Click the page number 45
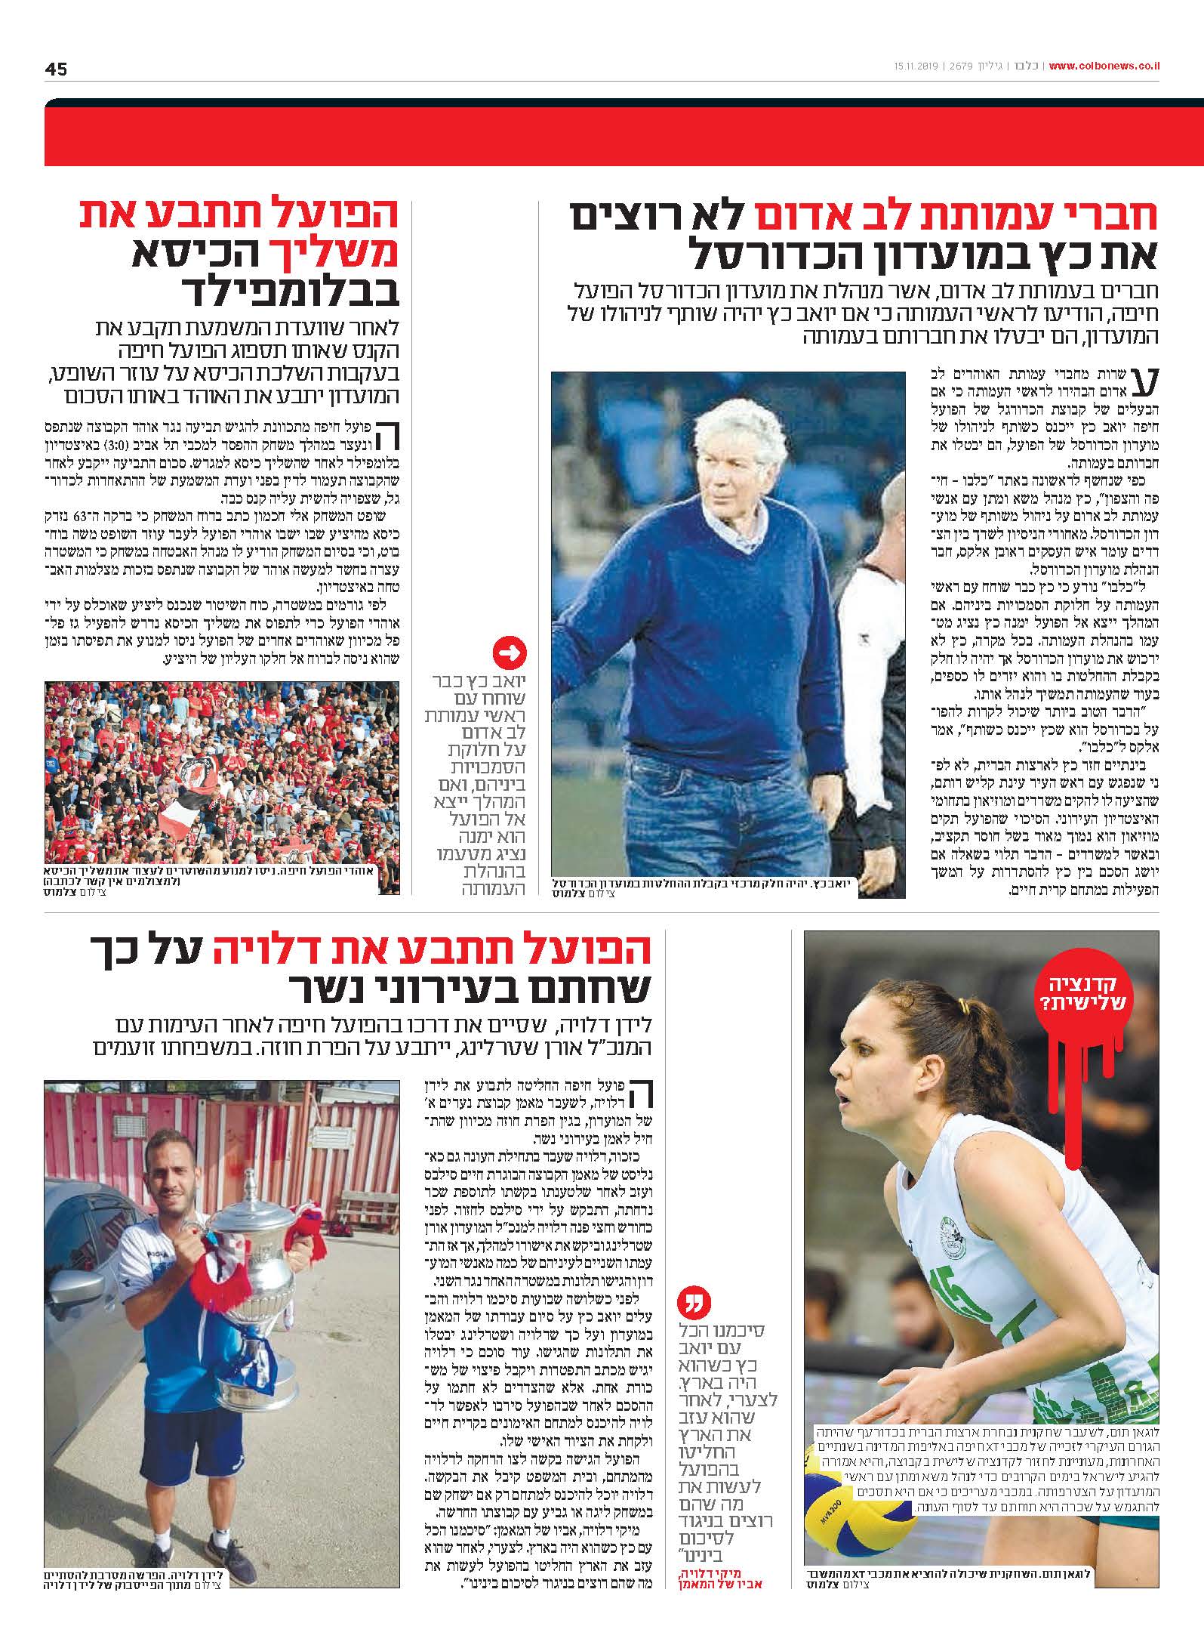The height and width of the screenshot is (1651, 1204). (x=56, y=69)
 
